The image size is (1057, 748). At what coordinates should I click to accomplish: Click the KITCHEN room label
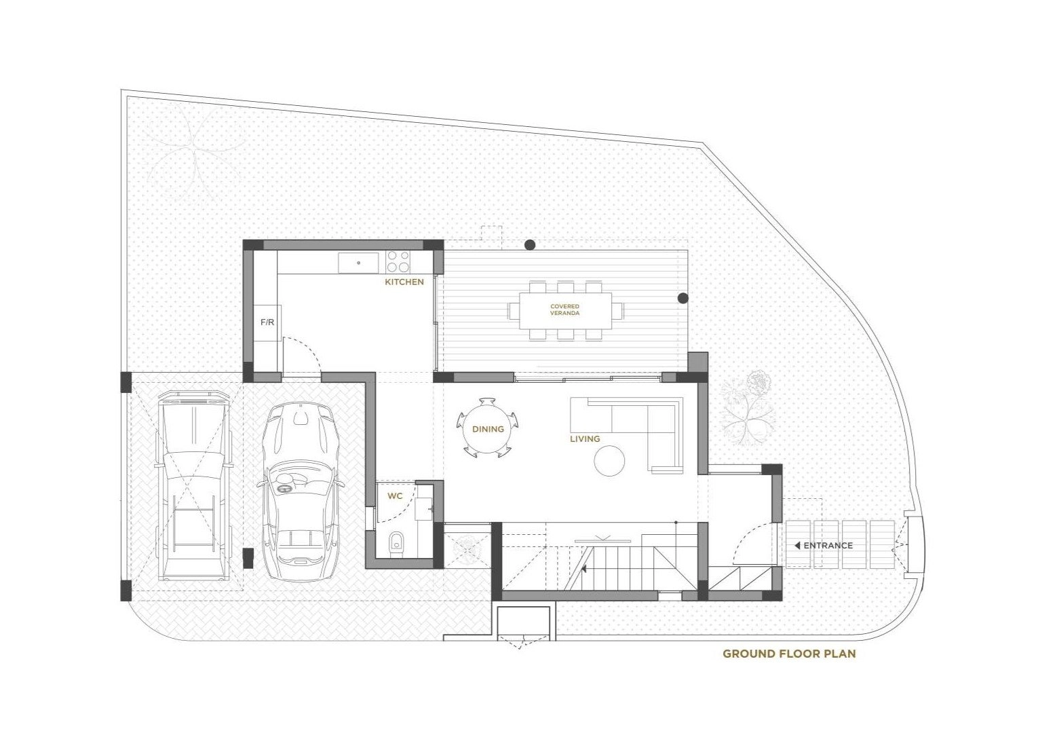404,282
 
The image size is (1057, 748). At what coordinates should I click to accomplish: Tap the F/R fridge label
267,322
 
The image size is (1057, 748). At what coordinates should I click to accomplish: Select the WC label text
395,496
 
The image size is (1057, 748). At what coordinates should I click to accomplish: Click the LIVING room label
585,438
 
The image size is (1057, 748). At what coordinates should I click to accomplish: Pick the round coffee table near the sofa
610,460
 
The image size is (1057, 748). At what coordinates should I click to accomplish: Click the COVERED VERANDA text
565,310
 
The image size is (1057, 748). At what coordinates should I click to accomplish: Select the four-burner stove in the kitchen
398,261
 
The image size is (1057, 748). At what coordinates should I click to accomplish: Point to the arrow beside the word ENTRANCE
797,546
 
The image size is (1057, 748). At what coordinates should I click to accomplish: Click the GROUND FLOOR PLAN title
790,654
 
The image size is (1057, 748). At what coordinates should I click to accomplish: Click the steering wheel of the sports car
284,489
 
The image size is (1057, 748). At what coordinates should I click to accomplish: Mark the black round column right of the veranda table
683,298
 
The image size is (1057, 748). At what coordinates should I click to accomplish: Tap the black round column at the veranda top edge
531,244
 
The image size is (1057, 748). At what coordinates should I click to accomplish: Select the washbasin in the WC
424,509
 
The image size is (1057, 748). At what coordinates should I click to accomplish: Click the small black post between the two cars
247,559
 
